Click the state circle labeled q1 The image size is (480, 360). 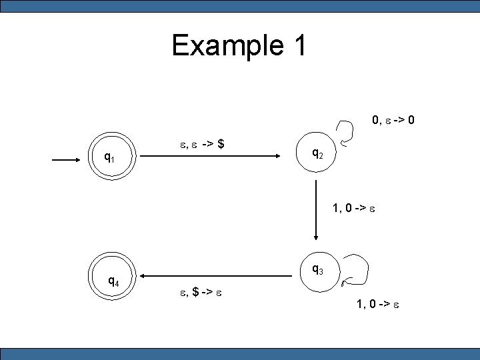pyautogui.click(x=113, y=158)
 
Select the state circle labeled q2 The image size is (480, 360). pyautogui.click(x=317, y=155)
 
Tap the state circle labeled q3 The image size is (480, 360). pyautogui.click(x=317, y=271)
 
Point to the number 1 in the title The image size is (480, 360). pyautogui.click(x=298, y=45)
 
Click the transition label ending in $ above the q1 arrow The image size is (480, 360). pyautogui.click(x=202, y=143)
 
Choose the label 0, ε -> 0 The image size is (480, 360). pyautogui.click(x=394, y=121)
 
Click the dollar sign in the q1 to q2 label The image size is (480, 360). pyautogui.click(x=220, y=143)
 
